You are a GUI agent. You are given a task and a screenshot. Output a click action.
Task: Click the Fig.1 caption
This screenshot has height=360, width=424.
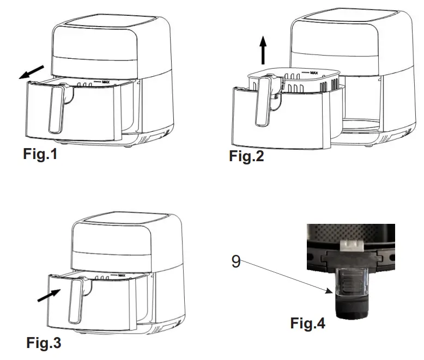coord(40,155)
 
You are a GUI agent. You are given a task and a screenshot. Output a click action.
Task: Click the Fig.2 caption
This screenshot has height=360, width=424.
coord(246,157)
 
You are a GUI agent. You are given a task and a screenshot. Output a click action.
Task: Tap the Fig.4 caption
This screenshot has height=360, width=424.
coord(307,324)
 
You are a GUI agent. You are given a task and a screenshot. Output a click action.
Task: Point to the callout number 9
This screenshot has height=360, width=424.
coord(235,261)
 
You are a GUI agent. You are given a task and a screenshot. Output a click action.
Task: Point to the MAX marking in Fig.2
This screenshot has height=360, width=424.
coord(313,72)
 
